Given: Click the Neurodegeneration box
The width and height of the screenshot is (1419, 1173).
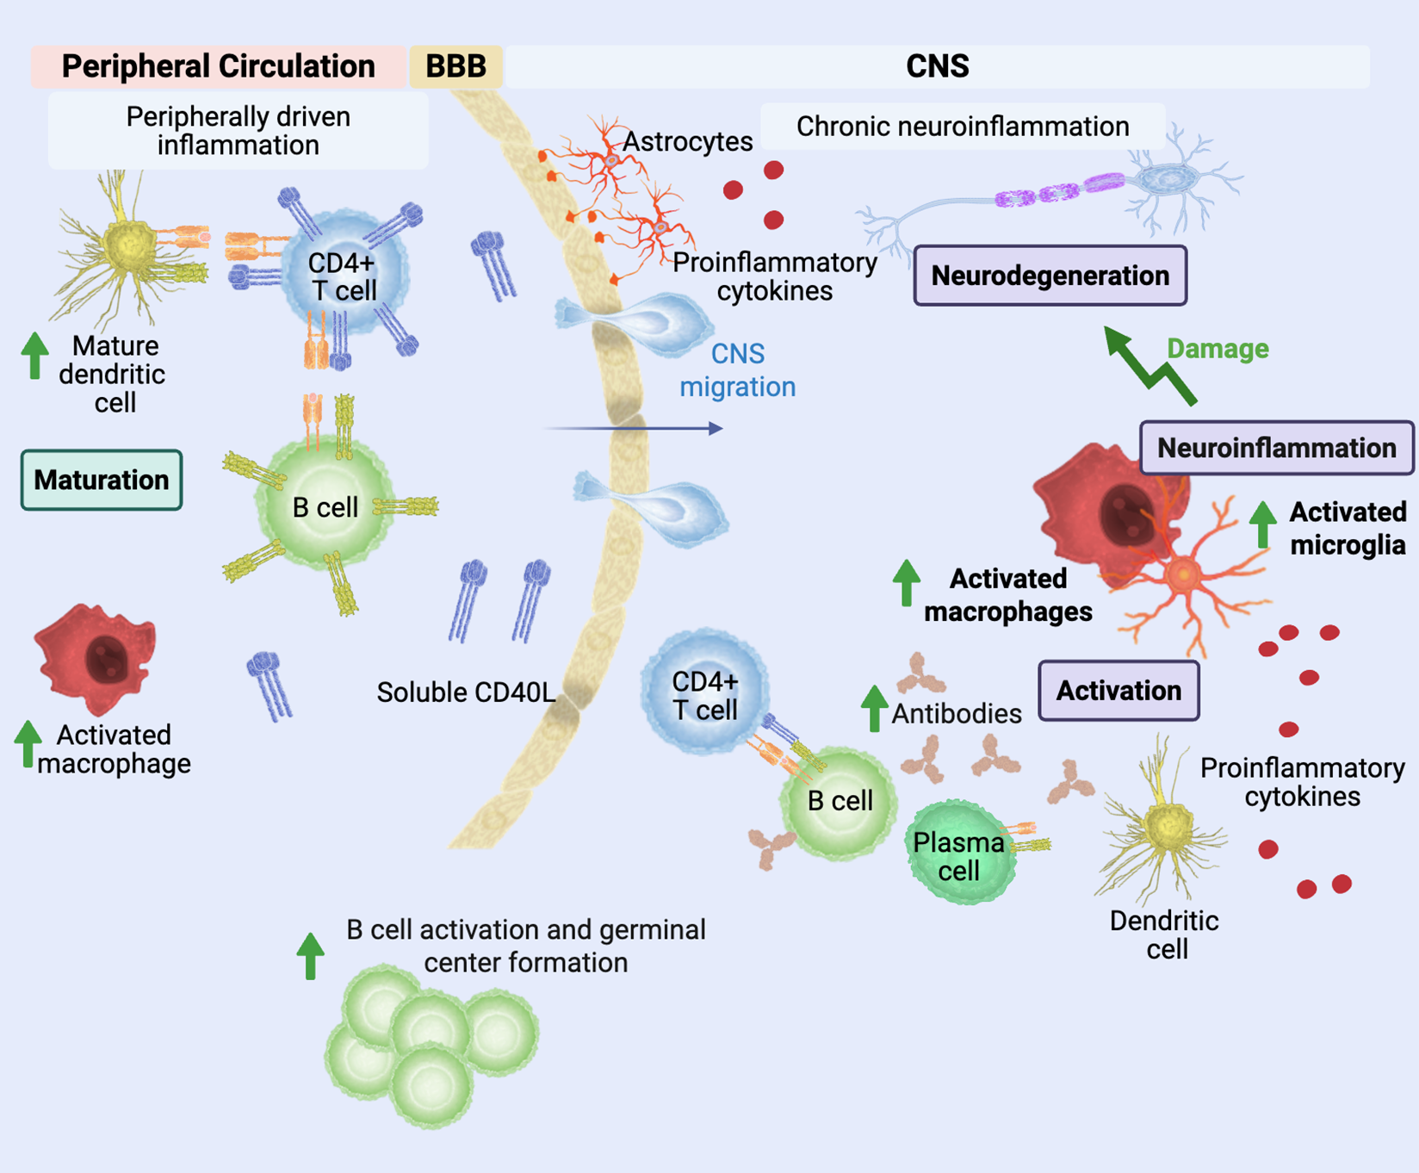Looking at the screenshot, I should (1050, 276).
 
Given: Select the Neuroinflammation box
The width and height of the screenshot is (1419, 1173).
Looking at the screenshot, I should (1276, 448).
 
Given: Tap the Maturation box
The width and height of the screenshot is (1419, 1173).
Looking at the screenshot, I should (102, 480).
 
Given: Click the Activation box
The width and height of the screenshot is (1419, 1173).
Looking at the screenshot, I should (1118, 691).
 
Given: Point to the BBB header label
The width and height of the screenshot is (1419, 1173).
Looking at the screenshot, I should (455, 66).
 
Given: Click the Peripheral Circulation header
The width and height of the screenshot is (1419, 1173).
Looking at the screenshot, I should (218, 66).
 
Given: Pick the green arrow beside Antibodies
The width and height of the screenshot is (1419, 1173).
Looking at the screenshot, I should (874, 708).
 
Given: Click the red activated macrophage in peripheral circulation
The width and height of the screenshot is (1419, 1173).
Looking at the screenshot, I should (96, 658).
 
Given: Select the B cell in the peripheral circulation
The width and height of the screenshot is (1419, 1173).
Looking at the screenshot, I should (325, 506).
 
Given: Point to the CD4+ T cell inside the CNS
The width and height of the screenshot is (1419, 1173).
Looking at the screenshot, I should (704, 693).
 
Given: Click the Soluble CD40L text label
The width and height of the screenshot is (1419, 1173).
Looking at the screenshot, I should (466, 692).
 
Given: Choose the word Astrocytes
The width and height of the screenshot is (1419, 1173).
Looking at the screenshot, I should (687, 141).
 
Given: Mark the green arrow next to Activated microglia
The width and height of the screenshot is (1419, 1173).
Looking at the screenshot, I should (1262, 524).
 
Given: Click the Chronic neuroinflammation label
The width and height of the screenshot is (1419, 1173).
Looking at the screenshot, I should (962, 127).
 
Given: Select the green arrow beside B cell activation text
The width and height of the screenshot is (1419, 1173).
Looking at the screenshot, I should (310, 955).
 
